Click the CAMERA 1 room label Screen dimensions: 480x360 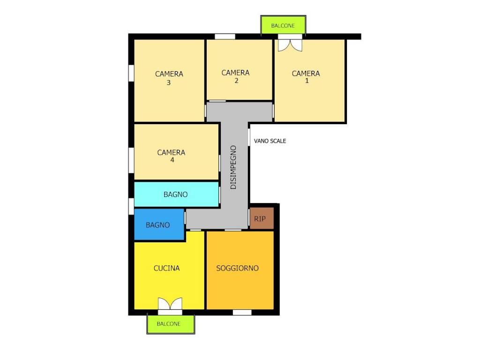coord(306,77)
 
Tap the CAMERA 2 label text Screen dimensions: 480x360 coord(235,76)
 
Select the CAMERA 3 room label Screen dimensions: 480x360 coord(169,78)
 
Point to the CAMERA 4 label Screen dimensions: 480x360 coord(171,156)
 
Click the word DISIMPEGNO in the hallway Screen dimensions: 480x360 coord(233,167)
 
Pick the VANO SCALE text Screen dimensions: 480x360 coord(270,141)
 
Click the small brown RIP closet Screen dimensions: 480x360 coord(262,218)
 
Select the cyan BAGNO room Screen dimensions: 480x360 coord(176,195)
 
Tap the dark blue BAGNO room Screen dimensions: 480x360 coord(159,225)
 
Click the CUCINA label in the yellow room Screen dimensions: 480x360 coord(166,268)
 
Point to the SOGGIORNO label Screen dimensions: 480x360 coord(238,268)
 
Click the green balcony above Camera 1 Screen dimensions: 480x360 coord(283,25)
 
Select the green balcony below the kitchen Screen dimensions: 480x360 coord(171,324)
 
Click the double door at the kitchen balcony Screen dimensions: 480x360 coord(170,305)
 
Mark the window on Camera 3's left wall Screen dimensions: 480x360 coord(131,73)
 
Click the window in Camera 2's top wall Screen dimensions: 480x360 coord(225,37)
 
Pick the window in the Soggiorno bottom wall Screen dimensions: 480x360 coord(242,312)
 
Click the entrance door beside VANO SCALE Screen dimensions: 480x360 coord(249,137)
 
